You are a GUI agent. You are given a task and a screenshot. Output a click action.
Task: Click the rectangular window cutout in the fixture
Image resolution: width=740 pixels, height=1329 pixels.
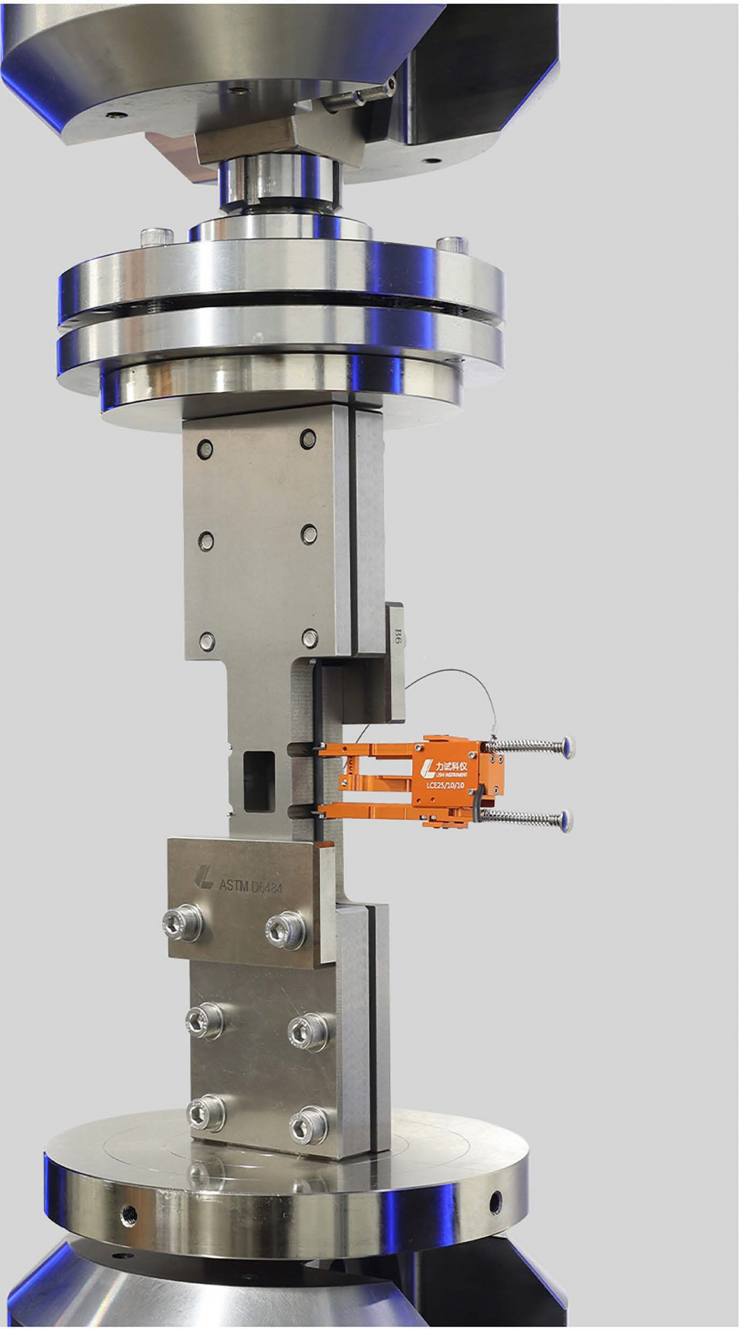pos(259,781)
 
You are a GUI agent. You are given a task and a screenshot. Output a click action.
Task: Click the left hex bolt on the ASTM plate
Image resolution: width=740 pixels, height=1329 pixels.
pos(183,922)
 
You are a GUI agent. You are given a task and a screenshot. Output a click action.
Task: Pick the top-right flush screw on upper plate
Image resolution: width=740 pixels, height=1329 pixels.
pos(308,439)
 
